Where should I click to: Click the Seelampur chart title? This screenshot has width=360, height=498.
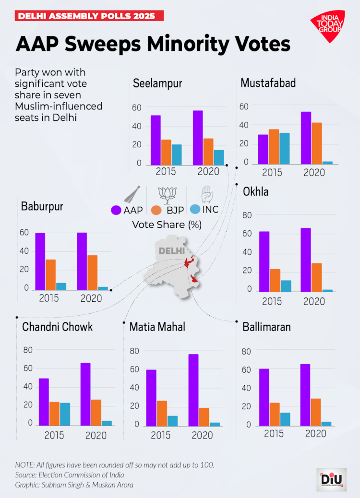(157, 83)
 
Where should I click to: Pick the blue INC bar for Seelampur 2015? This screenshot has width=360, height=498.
(177, 154)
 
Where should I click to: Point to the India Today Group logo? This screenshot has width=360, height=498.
(328, 26)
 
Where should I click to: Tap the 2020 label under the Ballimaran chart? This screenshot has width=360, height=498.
(315, 434)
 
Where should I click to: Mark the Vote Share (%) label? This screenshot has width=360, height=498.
(167, 224)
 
